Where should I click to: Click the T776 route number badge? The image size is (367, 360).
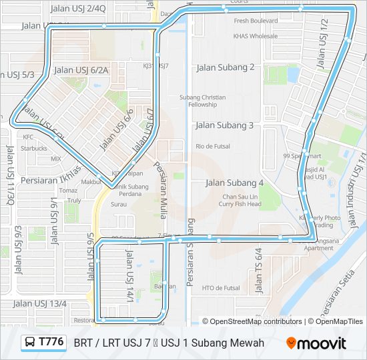44,343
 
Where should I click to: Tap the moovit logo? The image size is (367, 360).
316,343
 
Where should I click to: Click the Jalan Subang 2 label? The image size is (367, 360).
226,67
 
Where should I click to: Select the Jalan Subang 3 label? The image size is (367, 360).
224,125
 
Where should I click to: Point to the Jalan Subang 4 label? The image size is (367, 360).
234,183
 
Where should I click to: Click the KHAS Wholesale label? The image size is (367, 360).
256,36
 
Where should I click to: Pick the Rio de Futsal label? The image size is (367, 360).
213,146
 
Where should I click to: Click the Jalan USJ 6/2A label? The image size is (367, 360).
81,70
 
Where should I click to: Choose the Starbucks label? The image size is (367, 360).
34,148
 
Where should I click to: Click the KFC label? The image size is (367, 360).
28,137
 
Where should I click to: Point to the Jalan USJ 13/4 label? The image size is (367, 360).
41,303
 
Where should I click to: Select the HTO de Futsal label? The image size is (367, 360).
220,288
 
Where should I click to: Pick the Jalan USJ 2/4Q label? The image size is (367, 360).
78,9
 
